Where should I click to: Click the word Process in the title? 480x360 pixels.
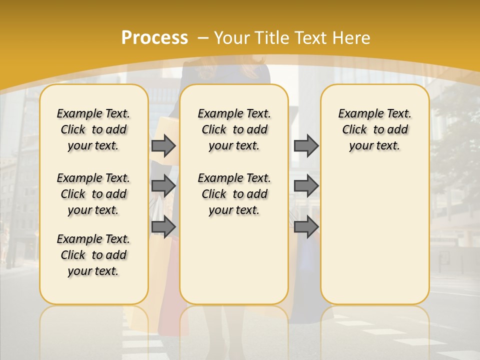click(154, 37)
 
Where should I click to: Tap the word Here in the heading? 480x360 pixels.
click(352, 37)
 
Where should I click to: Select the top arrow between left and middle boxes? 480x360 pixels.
click(163, 146)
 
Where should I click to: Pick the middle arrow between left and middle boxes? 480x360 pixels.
click(163, 186)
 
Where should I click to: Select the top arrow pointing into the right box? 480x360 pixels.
click(305, 146)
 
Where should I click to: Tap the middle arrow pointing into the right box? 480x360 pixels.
click(305, 186)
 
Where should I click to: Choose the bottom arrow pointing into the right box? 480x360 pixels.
click(305, 227)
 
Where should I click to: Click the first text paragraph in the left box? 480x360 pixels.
click(93, 129)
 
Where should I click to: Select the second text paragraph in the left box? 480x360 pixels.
click(93, 194)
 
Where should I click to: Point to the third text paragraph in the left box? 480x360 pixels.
click(93, 255)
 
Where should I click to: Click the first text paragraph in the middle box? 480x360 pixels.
click(234, 129)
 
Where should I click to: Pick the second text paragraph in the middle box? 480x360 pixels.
click(234, 194)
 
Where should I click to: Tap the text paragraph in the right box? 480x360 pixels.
click(374, 129)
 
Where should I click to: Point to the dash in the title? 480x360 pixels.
click(203, 38)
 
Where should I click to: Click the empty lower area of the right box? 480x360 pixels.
click(374, 235)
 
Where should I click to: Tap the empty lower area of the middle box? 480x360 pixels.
click(234, 260)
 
